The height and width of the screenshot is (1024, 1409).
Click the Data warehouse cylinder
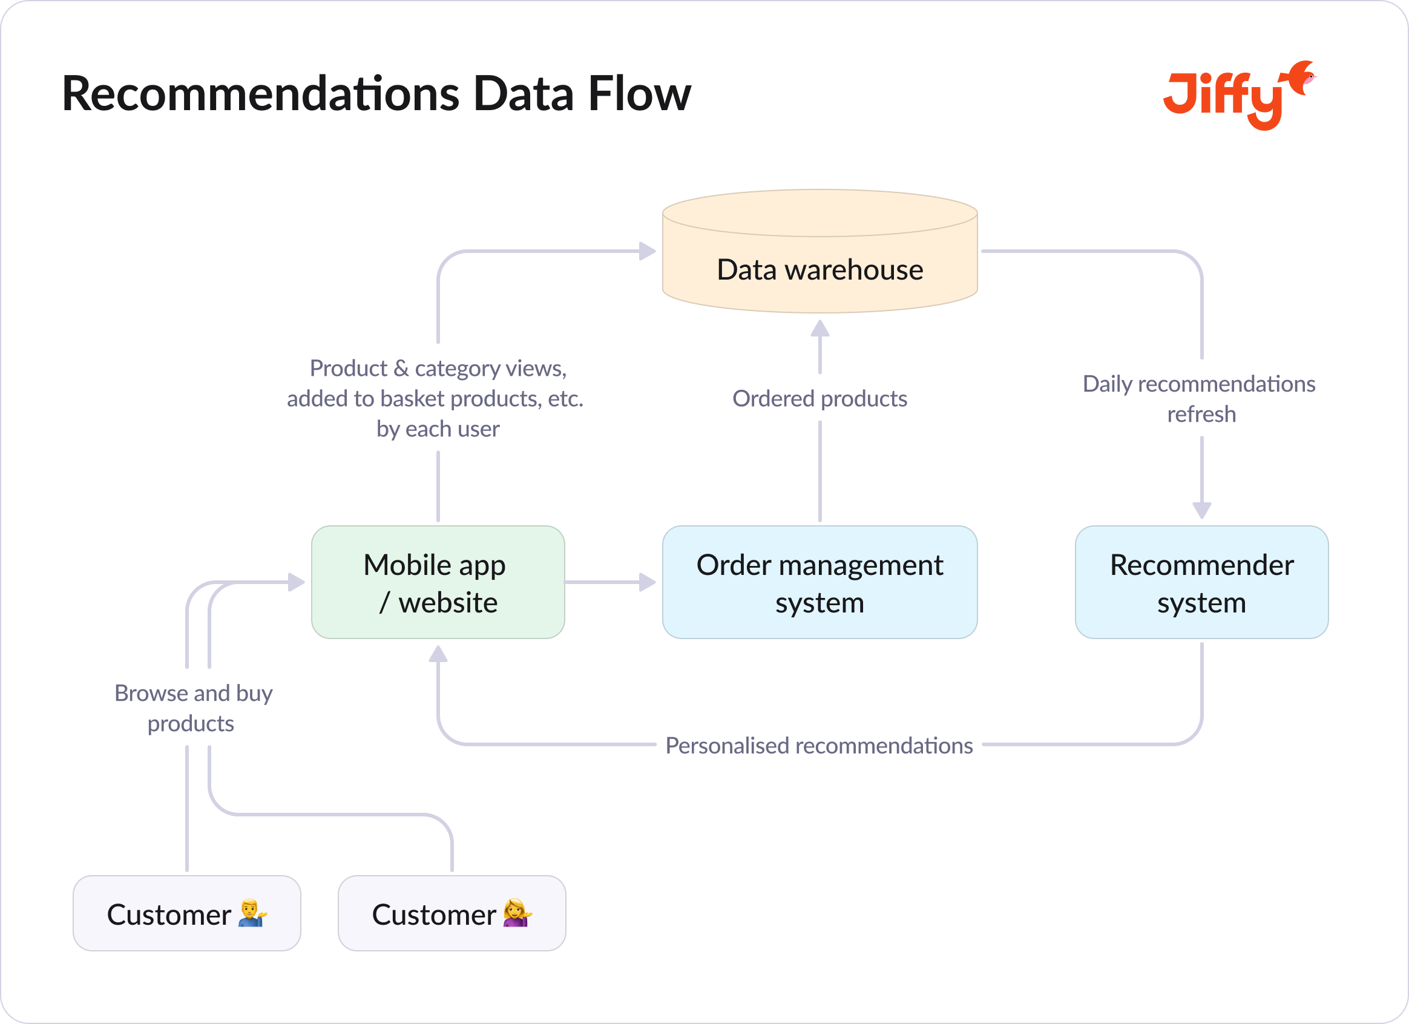(819, 252)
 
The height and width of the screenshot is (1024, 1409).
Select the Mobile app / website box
(438, 582)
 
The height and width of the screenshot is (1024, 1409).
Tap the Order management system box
(819, 582)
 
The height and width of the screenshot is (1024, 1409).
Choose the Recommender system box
(1201, 582)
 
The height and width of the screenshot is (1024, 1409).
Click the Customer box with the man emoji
(187, 913)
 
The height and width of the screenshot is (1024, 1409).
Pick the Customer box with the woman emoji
(452, 913)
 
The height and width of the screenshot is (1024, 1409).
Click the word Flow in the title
(639, 94)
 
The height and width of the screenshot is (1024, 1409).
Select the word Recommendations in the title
(261, 94)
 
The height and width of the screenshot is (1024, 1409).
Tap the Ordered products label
(819, 398)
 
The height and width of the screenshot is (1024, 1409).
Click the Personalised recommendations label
(819, 745)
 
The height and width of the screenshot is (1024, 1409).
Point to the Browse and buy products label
(193, 707)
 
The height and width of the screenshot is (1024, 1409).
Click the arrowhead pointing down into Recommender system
(1202, 511)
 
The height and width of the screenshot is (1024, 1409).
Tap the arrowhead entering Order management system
(648, 582)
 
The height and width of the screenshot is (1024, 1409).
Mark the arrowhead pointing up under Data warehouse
(820, 328)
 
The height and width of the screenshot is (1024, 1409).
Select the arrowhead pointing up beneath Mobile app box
(438, 654)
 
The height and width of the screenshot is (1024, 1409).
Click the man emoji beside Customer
(252, 913)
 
